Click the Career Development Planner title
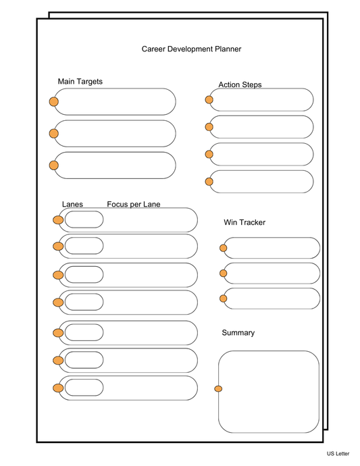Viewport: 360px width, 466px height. pyautogui.click(x=191, y=49)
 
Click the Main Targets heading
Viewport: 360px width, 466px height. pyautogui.click(x=80, y=82)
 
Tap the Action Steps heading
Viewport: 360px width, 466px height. pyautogui.click(x=240, y=84)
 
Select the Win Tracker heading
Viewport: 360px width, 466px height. pyautogui.click(x=245, y=222)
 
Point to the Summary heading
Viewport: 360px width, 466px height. pyautogui.click(x=238, y=333)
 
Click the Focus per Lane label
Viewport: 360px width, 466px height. pyautogui.click(x=134, y=204)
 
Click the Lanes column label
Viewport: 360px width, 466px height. pyautogui.click(x=72, y=204)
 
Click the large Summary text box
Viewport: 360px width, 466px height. pyautogui.click(x=269, y=392)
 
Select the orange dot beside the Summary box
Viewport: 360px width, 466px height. pyautogui.click(x=218, y=388)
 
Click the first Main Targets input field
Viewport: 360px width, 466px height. pyautogui.click(x=115, y=101)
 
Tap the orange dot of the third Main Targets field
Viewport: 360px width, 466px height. pyautogui.click(x=54, y=165)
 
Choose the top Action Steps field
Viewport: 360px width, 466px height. pyautogui.click(x=261, y=100)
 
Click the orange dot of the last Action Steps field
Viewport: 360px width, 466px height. pyautogui.click(x=209, y=181)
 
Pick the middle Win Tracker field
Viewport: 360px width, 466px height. pyautogui.click(x=272, y=273)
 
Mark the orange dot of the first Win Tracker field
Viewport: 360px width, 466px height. pyautogui.click(x=224, y=248)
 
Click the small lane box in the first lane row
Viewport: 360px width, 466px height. pyautogui.click(x=84, y=219)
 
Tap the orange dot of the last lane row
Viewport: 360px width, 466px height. pyautogui.click(x=58, y=388)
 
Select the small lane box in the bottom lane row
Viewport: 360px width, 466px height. pyautogui.click(x=84, y=388)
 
